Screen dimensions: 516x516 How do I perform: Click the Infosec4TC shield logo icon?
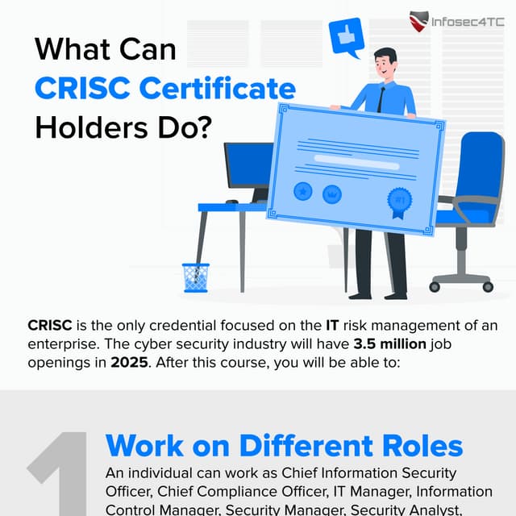click(419, 22)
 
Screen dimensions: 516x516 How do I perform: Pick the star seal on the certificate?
click(303, 192)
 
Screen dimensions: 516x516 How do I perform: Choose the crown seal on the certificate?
click(331, 193)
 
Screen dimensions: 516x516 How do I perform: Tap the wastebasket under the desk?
click(195, 277)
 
